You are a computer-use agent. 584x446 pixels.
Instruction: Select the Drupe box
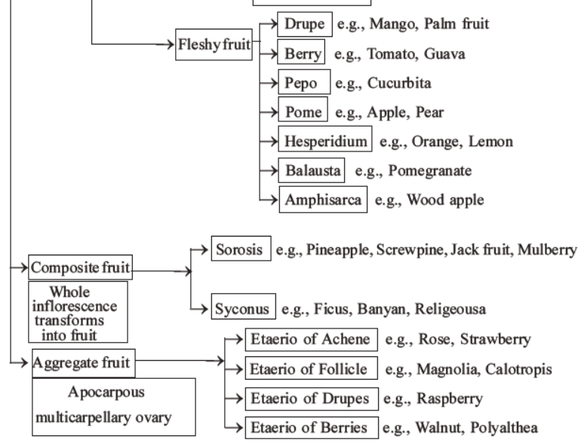point(305,25)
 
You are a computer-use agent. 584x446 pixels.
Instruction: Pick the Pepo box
point(302,84)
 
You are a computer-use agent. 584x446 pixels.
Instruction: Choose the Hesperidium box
point(326,142)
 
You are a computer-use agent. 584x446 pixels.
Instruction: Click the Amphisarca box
point(322,200)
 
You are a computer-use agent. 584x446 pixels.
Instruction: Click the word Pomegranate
point(431,171)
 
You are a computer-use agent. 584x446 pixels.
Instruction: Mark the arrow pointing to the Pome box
point(268,113)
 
